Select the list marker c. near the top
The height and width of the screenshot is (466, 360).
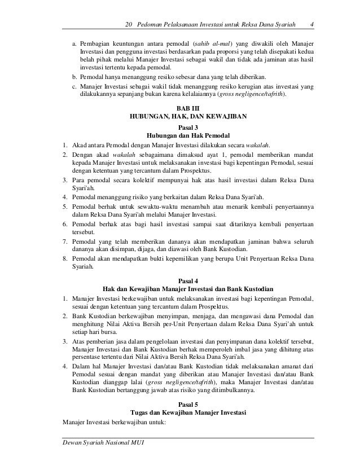(x=74, y=86)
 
